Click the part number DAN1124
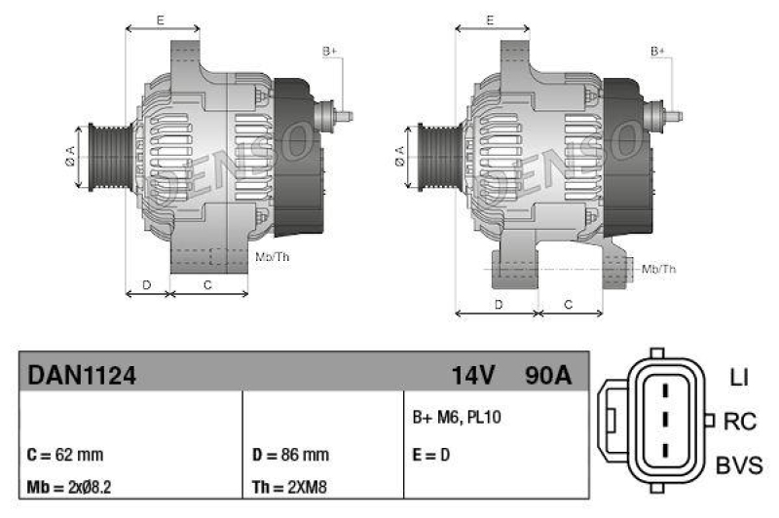pyautogui.click(x=81, y=374)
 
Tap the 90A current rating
pyautogui.click(x=547, y=374)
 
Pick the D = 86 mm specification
pyautogui.click(x=290, y=455)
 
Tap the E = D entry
pyautogui.click(x=432, y=455)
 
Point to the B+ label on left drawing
pyautogui.click(x=329, y=50)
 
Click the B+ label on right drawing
pyautogui.click(x=658, y=50)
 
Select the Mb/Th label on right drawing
pyautogui.click(x=659, y=269)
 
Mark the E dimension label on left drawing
pyautogui.click(x=161, y=19)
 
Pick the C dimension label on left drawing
pyautogui.click(x=207, y=284)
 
